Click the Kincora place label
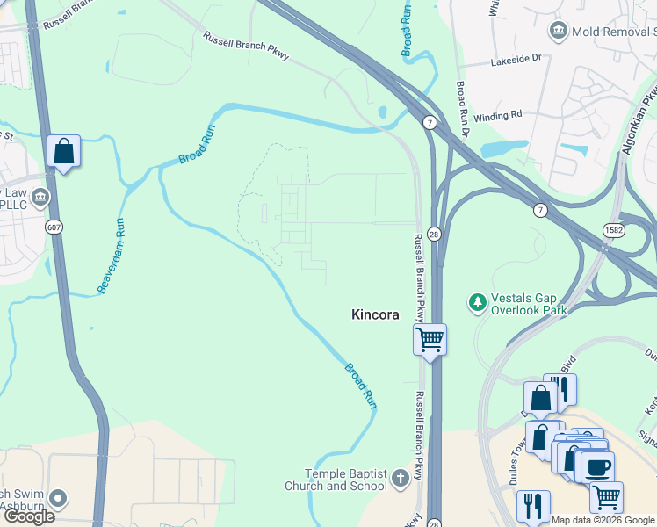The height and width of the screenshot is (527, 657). [375, 314]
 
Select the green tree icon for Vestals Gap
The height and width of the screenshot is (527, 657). [477, 303]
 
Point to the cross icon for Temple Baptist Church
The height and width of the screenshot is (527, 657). [401, 479]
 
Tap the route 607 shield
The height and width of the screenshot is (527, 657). [54, 227]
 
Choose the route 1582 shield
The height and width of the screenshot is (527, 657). [615, 229]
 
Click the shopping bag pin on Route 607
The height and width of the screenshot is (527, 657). [64, 151]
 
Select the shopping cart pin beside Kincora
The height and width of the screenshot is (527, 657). [430, 339]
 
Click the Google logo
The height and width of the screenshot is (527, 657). [28, 516]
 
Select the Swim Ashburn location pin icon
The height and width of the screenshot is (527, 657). [58, 498]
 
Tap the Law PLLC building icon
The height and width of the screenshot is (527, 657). [40, 199]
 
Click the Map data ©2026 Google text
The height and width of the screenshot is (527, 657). [603, 520]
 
